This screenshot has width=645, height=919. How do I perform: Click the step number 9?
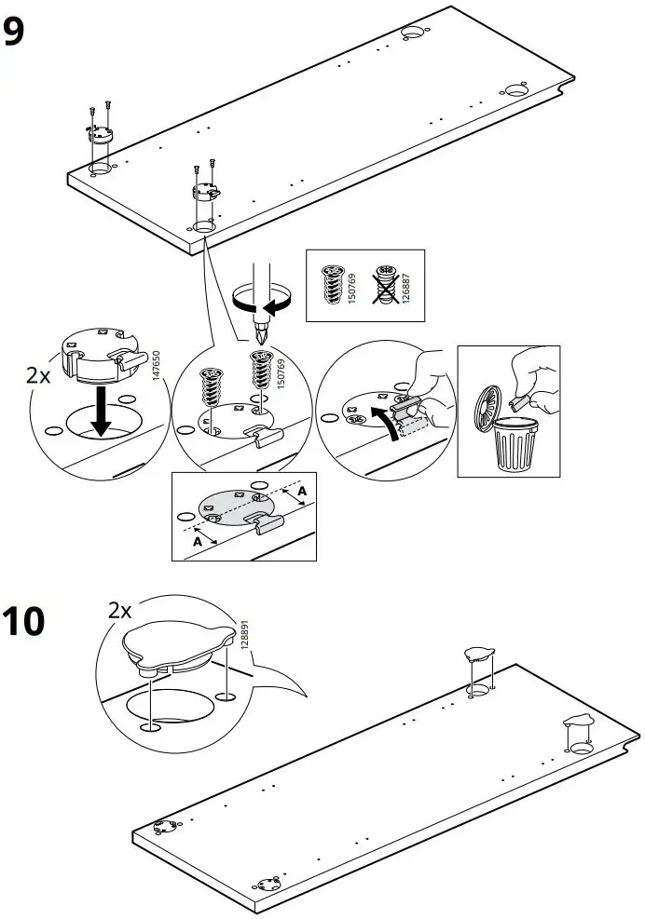15,34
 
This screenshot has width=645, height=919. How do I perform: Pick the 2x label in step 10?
120,611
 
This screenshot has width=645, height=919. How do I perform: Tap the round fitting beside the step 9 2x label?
97,353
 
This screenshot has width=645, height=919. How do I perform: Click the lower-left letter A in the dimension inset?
197,539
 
